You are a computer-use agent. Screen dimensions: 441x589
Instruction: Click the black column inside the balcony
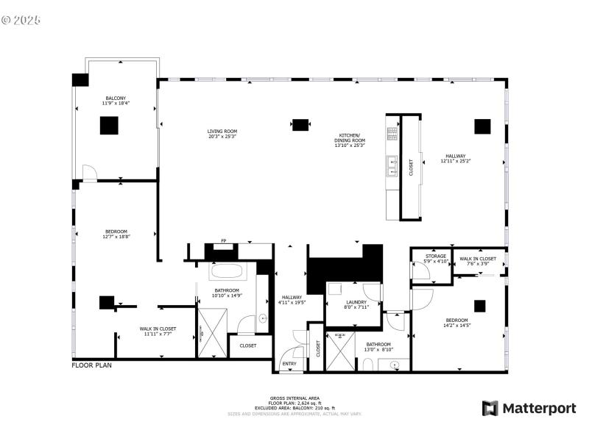[x=109, y=126]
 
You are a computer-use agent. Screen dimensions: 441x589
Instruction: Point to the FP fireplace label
[x=224, y=241]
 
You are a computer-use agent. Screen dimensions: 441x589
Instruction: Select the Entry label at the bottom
[x=289, y=363]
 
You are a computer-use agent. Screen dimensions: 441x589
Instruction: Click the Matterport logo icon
[x=489, y=408]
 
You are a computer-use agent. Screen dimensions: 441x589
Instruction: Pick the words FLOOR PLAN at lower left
[x=91, y=365]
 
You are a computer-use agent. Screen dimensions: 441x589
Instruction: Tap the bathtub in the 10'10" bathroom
[x=232, y=270]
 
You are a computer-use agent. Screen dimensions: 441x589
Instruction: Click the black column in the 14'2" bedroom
[x=480, y=306]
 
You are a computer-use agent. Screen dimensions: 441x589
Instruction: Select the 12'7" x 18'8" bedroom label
[x=116, y=234]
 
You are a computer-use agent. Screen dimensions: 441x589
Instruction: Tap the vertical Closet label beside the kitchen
[x=411, y=168]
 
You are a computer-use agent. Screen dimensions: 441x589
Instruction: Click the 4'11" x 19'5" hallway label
[x=292, y=299]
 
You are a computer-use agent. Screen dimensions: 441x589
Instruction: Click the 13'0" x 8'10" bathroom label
[x=378, y=346]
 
